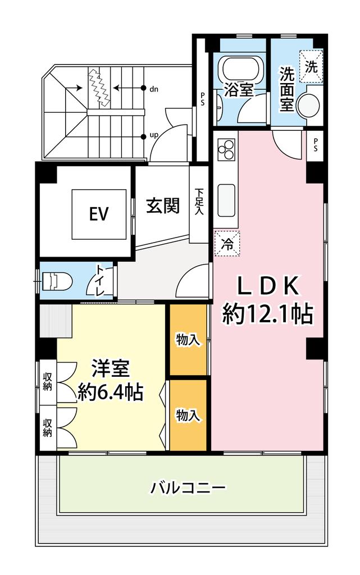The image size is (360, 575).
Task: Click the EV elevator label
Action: (99, 213)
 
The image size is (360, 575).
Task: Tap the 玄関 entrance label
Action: (163, 206)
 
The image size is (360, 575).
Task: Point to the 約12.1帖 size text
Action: (268, 314)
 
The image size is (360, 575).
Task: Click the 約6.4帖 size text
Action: (110, 393)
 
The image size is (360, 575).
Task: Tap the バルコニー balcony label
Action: (189, 488)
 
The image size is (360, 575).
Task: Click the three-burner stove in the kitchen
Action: (226, 149)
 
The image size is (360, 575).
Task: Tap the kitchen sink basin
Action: (226, 200)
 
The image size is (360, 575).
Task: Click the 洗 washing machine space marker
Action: (311, 67)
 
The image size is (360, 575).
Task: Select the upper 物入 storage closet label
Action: (188, 340)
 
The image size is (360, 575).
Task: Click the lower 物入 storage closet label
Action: (188, 416)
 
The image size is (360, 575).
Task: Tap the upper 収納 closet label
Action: (48, 381)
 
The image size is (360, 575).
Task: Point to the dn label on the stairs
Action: (154, 89)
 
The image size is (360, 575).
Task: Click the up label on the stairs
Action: (154, 135)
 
